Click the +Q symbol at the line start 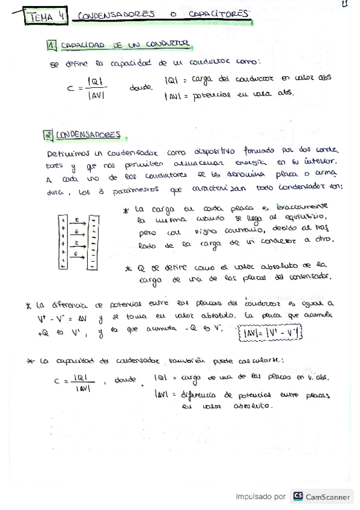(x=43, y=330)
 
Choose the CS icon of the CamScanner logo (x=298, y=496)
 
